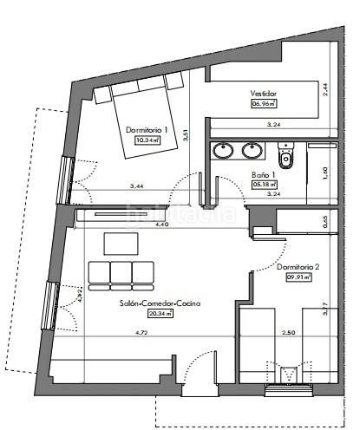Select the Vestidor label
[x=263, y=93]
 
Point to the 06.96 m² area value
[x=262, y=104]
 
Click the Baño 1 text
[x=263, y=173]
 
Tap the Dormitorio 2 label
[x=298, y=267]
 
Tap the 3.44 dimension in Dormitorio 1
[x=136, y=186]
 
